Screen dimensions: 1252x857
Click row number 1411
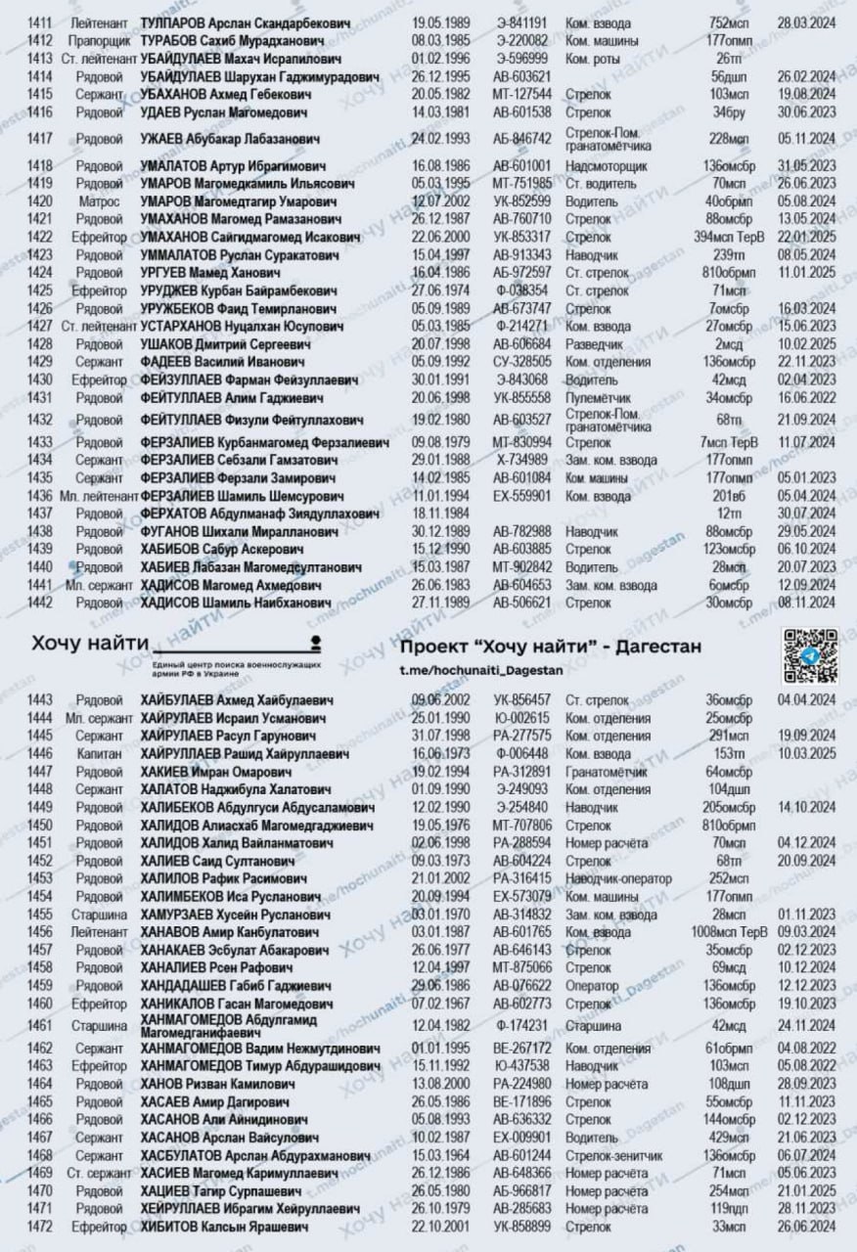[40, 22]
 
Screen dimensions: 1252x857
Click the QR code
[808, 656]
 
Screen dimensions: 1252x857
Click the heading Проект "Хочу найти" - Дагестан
[551, 648]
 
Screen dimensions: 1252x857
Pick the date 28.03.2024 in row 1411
[806, 22]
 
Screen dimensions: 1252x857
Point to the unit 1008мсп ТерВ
[729, 931]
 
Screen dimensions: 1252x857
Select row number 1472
[40, 1227]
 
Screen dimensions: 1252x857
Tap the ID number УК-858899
[521, 1227]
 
